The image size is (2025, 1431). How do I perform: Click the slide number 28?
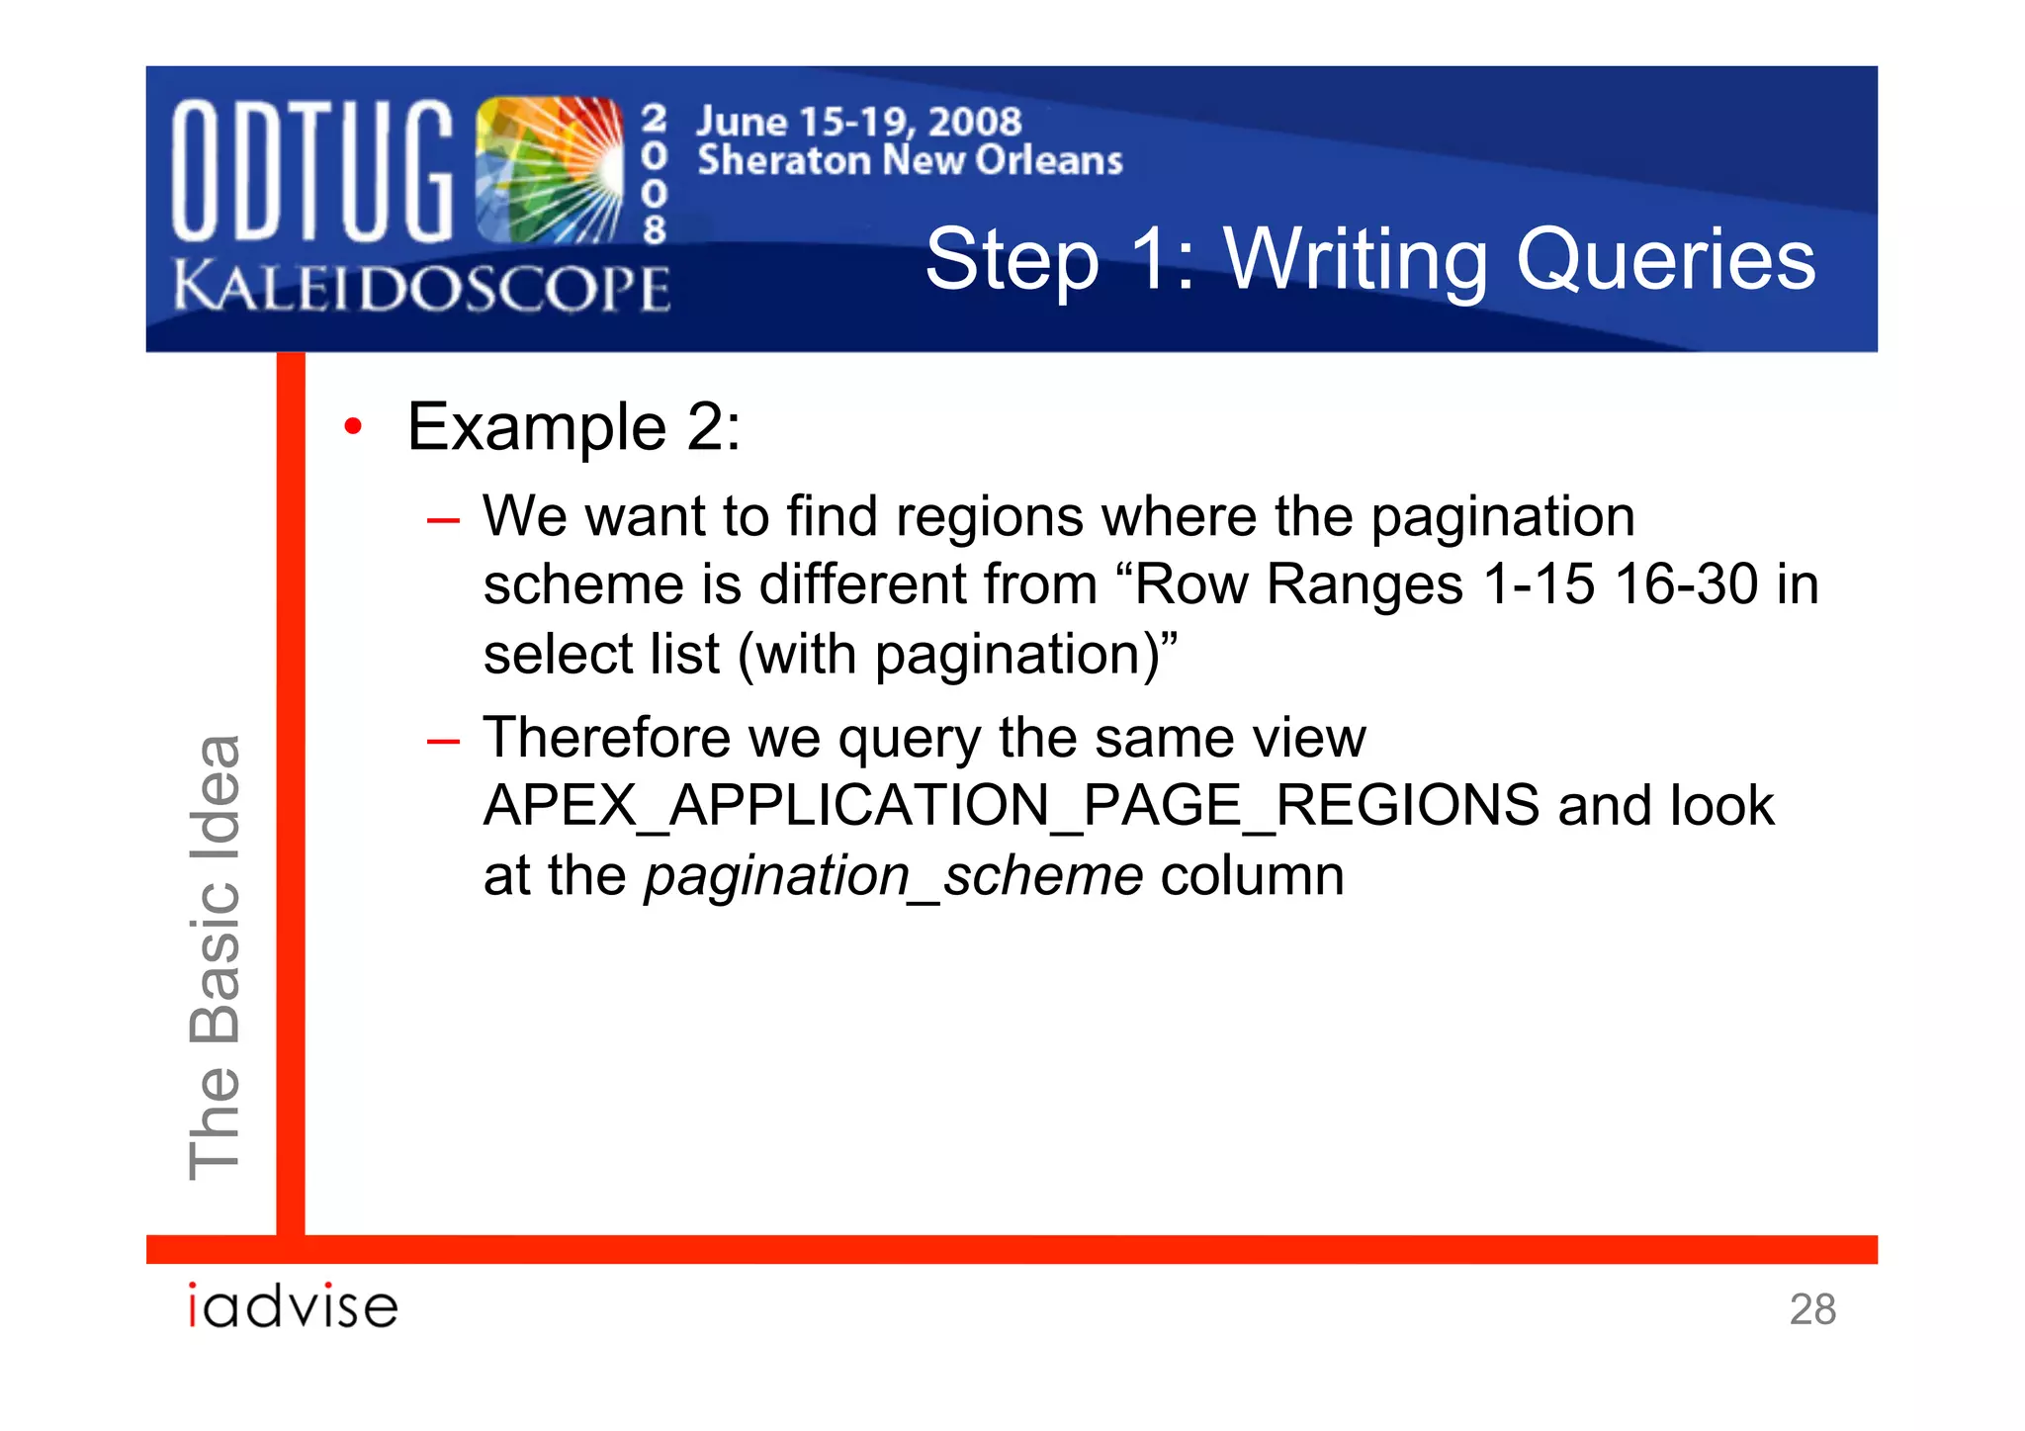click(x=1811, y=1309)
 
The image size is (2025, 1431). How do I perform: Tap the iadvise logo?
click(x=294, y=1306)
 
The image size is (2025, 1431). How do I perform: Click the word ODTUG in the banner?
click(x=311, y=170)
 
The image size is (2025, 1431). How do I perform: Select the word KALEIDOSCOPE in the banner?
click(x=422, y=288)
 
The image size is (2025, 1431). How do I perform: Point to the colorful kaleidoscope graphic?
click(x=549, y=170)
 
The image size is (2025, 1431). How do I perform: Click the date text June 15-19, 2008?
click(x=858, y=122)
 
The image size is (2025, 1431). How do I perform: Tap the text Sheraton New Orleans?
click(x=910, y=160)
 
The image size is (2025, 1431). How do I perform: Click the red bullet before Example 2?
click(x=353, y=427)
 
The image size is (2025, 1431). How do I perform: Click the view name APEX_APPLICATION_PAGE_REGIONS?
click(x=1011, y=806)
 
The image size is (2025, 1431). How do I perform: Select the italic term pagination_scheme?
click(x=894, y=876)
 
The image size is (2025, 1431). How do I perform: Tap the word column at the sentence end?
click(x=1252, y=876)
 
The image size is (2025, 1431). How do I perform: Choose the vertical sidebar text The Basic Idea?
click(x=216, y=956)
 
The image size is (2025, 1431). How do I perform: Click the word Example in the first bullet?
click(x=537, y=427)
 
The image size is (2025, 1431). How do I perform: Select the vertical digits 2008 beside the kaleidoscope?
click(x=654, y=175)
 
